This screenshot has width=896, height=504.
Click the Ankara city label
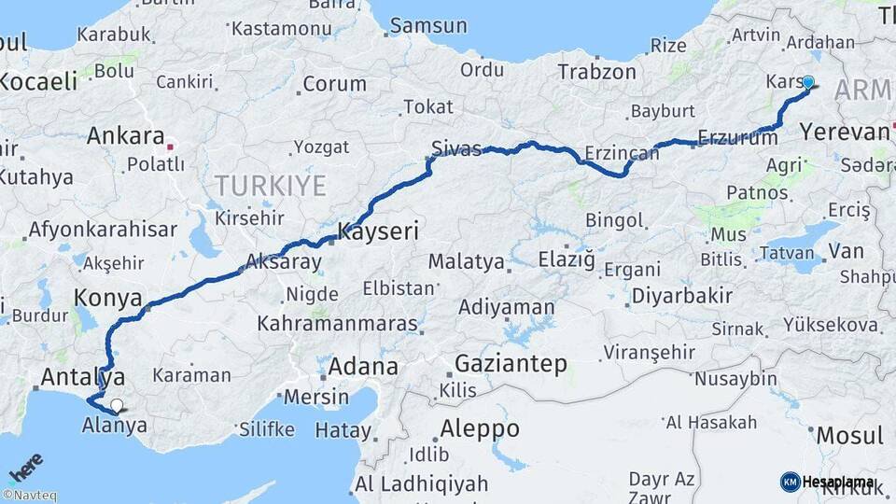tap(125, 136)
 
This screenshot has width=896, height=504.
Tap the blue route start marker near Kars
tap(807, 82)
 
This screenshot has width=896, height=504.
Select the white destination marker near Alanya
tap(116, 405)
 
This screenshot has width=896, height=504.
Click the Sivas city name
tap(456, 147)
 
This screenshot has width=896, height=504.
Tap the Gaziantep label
tap(511, 364)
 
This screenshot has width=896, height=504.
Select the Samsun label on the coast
tap(427, 25)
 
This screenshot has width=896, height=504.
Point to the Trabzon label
tap(596, 71)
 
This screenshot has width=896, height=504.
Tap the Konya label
tap(108, 299)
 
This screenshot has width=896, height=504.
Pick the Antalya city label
tap(84, 378)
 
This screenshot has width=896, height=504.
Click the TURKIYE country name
tap(271, 185)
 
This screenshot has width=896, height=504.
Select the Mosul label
tap(849, 435)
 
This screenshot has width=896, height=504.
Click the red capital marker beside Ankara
tap(169, 147)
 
